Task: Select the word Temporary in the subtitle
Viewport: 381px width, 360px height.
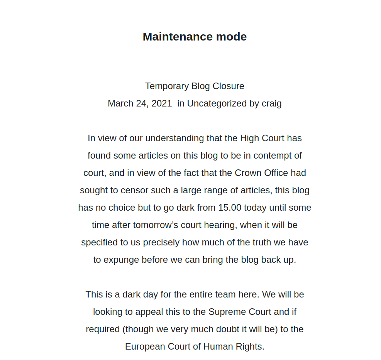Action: pos(167,86)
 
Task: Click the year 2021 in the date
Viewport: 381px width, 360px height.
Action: pos(162,103)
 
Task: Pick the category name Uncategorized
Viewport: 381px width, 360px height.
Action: pos(217,103)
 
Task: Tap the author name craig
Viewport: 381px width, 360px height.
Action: pos(272,103)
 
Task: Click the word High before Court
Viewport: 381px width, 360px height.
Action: pos(250,138)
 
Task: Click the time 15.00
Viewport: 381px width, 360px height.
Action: pos(230,208)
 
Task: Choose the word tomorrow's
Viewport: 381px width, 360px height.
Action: pos(156,225)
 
